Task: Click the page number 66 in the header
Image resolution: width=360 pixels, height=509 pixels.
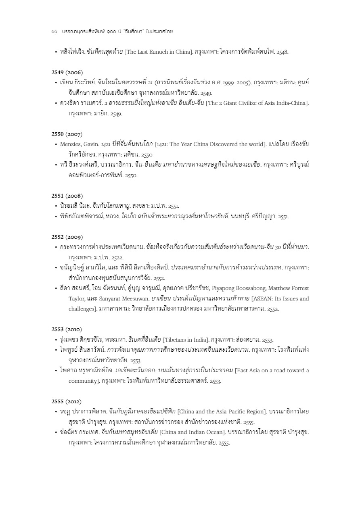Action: click(x=54, y=31)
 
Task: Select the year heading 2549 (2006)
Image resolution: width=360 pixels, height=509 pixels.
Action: click(x=67, y=73)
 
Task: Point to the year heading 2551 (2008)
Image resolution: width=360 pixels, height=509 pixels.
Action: click(x=67, y=196)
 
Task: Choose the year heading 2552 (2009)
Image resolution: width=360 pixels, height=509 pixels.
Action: click(x=67, y=237)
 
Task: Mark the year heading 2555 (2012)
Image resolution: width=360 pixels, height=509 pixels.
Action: click(x=67, y=401)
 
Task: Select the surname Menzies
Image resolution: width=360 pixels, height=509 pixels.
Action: click(x=71, y=144)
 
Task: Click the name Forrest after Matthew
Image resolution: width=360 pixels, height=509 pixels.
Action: click(x=299, y=288)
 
